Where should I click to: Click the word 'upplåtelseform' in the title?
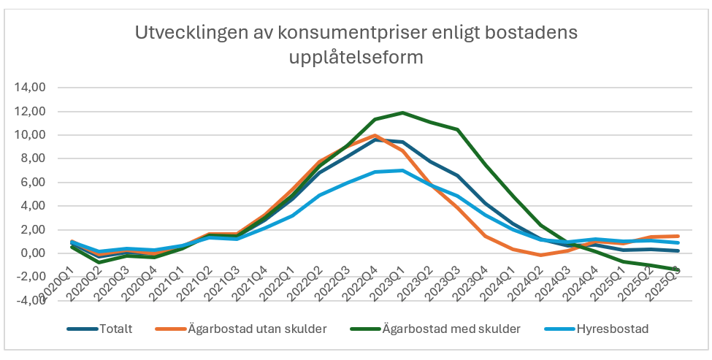[356, 58]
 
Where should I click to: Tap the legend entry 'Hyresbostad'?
[612, 329]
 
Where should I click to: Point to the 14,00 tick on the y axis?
[31, 88]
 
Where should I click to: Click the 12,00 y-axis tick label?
[31, 112]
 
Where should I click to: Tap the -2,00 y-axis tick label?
[31, 277]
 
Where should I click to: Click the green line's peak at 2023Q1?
[402, 112]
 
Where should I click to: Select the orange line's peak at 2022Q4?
[375, 135]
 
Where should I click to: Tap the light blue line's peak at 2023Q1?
[402, 170]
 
